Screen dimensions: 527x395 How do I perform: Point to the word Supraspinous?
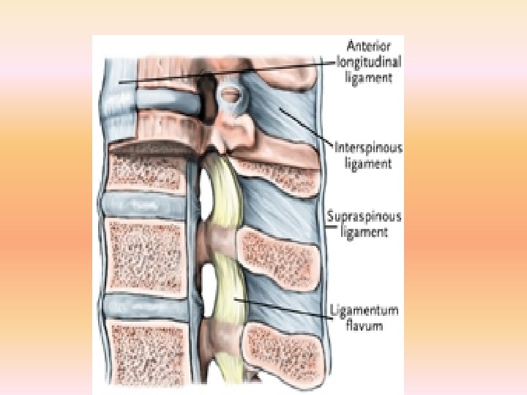tap(368, 217)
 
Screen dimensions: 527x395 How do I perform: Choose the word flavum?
tap(364, 326)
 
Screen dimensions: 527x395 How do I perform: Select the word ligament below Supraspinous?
tap(363, 233)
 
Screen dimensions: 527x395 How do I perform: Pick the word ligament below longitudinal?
tap(369, 77)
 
